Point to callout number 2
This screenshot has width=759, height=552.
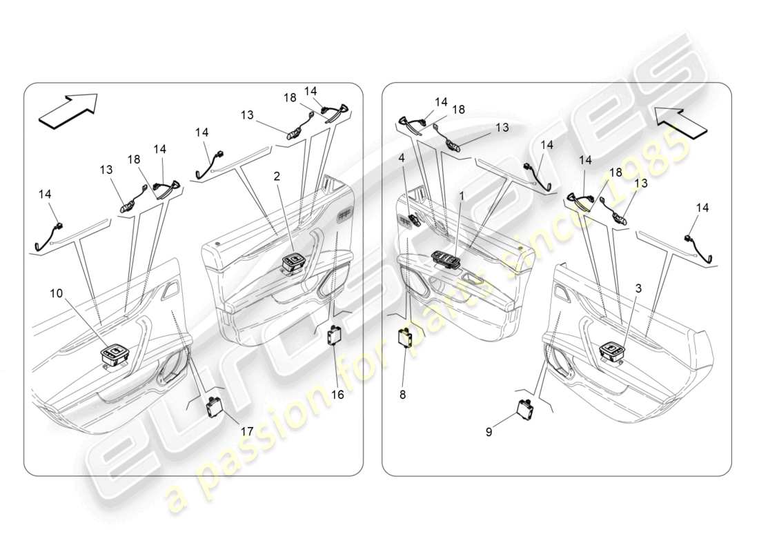277,177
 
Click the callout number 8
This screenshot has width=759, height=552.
402,395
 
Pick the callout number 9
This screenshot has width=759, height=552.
489,433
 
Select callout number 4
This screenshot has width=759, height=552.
401,157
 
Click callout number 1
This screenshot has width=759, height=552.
462,196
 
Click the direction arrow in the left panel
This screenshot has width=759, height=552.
68,111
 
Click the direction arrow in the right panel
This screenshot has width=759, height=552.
681,122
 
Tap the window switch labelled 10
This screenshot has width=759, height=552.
113,355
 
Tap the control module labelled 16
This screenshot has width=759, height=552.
335,337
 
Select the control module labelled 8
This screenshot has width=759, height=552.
405,340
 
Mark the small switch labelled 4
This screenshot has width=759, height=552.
415,221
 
